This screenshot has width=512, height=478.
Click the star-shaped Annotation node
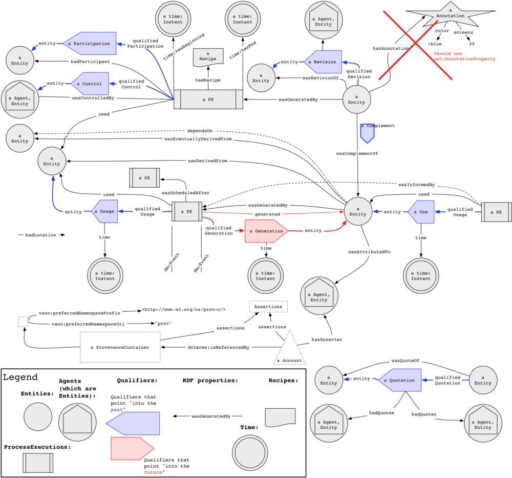tap(450, 15)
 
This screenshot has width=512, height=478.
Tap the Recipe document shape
tap(208, 57)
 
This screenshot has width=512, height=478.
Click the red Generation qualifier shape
tap(266, 231)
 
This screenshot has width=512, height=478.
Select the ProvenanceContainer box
tap(120, 347)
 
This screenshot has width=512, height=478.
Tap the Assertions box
tap(268, 307)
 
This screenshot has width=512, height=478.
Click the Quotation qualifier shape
tap(399, 380)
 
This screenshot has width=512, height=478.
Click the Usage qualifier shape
tap(104, 211)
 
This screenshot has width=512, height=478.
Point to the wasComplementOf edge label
tap(357, 153)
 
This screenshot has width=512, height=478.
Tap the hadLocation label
tap(41, 234)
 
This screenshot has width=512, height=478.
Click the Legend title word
tap(20, 377)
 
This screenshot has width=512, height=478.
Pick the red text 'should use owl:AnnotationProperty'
tap(464, 56)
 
